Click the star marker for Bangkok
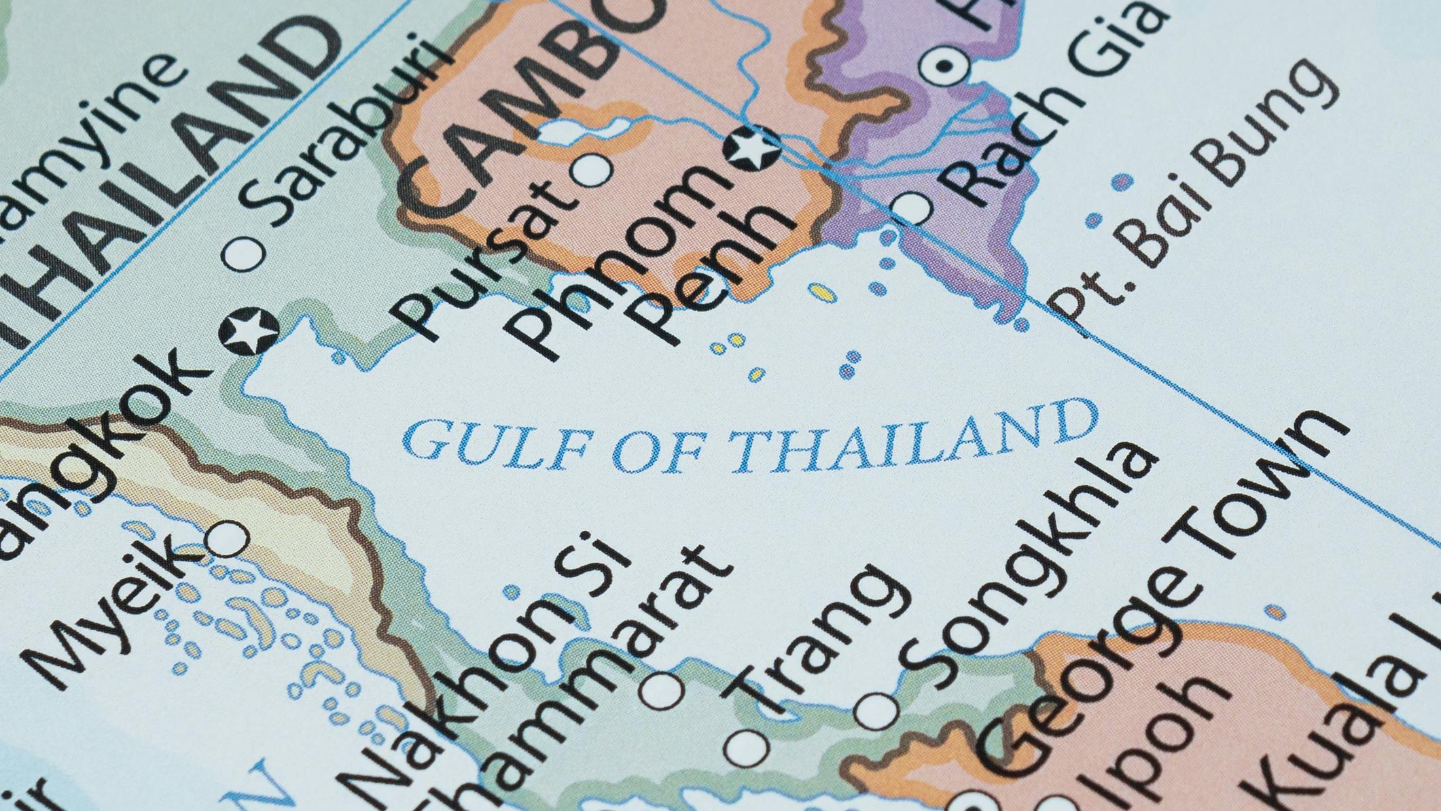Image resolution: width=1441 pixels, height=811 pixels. click(249, 331)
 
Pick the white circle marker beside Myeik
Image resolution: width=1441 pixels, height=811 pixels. click(226, 540)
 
